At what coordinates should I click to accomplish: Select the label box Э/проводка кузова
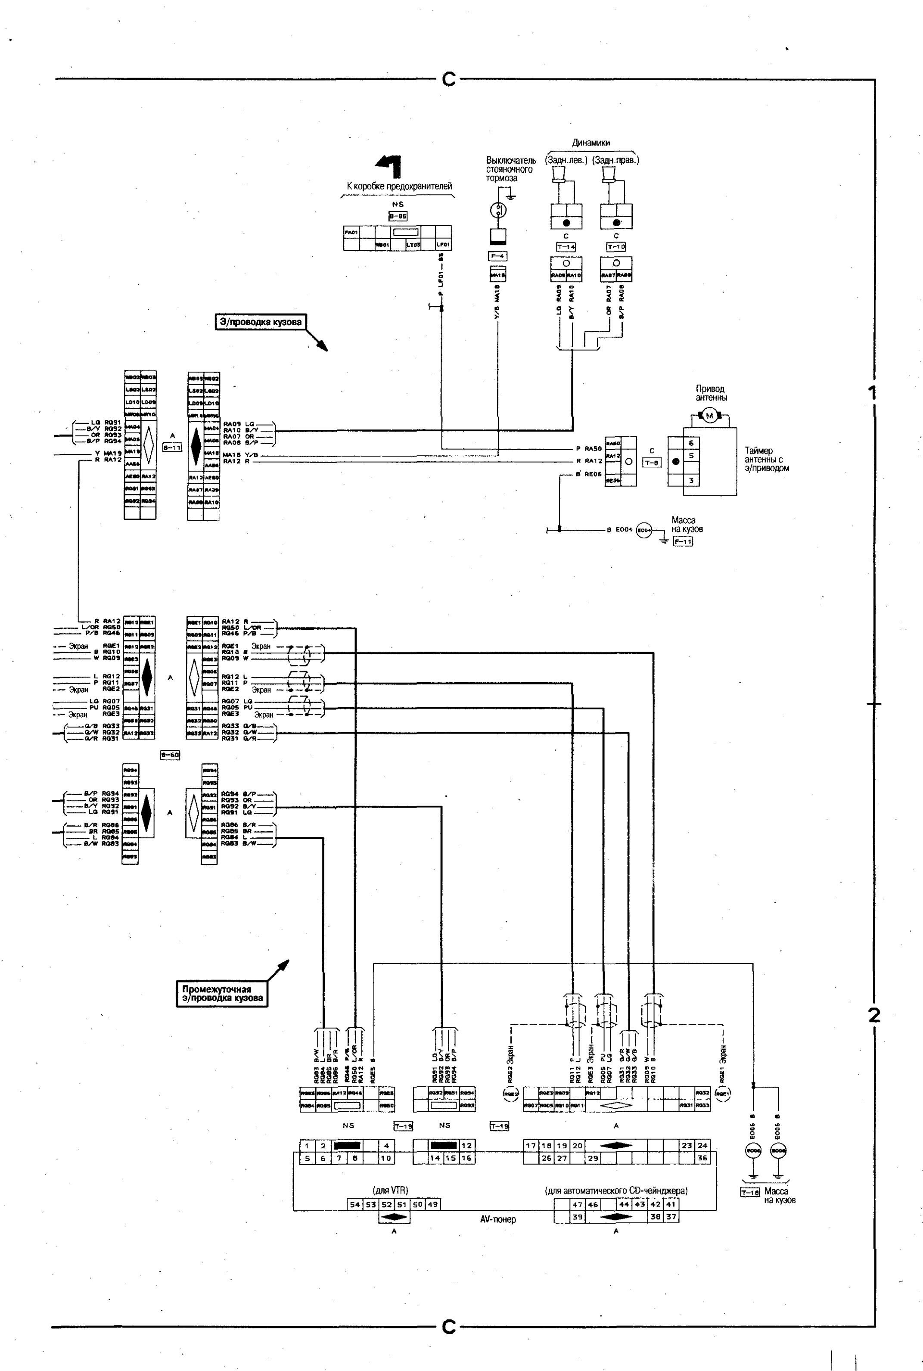coord(260,322)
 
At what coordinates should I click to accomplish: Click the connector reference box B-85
coord(398,216)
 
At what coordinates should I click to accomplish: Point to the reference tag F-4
coord(498,256)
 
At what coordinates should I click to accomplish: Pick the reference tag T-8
coord(652,462)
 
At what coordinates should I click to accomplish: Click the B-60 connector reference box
coord(170,755)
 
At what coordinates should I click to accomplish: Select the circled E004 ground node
coord(645,530)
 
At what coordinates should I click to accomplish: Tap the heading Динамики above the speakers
coord(591,143)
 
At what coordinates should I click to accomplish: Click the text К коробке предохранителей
coord(399,186)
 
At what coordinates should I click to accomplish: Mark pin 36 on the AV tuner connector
coord(702,1158)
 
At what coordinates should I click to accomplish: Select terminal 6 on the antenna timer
coord(691,443)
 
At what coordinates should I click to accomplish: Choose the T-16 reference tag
coord(750,1193)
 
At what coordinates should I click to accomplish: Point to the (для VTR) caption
coord(391,1190)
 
